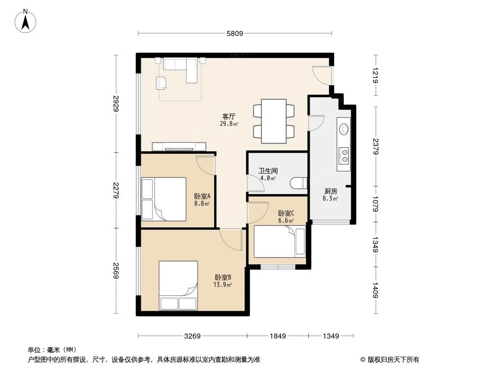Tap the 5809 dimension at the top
coord(234,33)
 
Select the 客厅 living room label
coord(229,117)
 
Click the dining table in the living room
coord(274,121)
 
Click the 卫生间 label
coord(268,171)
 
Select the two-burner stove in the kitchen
coord(344,155)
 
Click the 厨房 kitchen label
coord(330,191)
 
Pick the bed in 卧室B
coord(178,286)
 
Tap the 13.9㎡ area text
coord(223,285)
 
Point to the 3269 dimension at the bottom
coord(192,336)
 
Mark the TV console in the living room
coord(179,147)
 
